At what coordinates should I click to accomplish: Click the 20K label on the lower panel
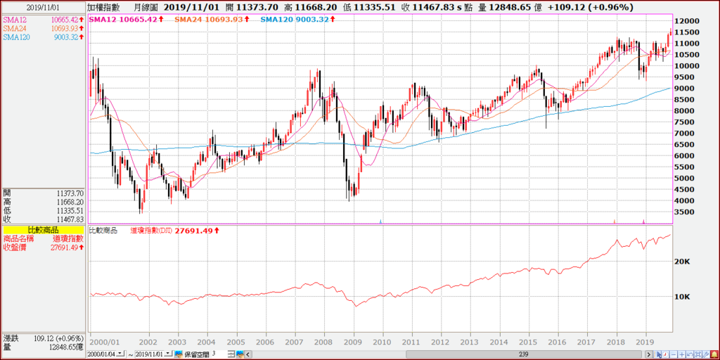coord(683,262)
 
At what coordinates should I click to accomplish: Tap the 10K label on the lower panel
coord(683,297)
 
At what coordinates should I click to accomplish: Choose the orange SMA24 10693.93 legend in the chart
coord(211,19)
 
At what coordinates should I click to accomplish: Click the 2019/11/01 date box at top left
coord(43,7)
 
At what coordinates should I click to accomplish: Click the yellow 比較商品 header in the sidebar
coord(43,230)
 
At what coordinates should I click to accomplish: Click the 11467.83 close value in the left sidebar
coord(69,219)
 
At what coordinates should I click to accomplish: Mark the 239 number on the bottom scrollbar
coord(524,353)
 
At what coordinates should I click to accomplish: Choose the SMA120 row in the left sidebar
coord(43,37)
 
